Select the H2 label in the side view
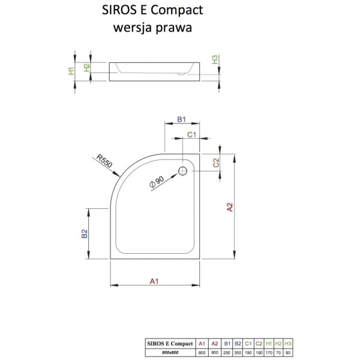coord(86,67)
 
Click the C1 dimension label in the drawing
coord(192,135)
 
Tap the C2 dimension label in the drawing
coord(217,162)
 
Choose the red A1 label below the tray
coord(154,281)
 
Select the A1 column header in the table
coord(203,343)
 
